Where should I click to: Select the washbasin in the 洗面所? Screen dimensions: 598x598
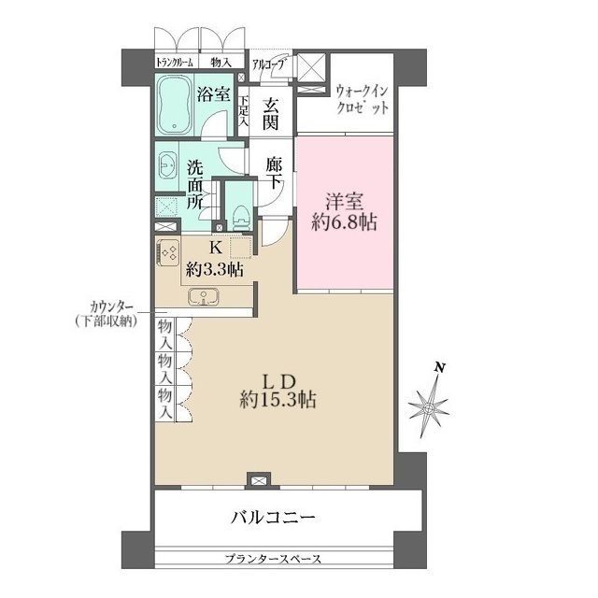[166, 165]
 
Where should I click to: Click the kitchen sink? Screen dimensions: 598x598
[204, 297]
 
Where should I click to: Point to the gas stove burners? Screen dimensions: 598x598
[169, 252]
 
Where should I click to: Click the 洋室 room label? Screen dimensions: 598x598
[344, 202]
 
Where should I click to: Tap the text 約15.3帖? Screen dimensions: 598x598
[278, 400]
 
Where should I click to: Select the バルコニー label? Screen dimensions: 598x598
[274, 517]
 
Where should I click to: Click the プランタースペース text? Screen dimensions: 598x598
[273, 559]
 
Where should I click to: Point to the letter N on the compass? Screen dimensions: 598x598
[440, 367]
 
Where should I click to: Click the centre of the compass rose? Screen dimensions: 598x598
[429, 408]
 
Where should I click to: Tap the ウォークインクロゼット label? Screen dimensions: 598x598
[362, 100]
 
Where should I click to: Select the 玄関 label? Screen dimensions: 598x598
[271, 114]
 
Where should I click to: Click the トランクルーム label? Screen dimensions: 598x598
[175, 62]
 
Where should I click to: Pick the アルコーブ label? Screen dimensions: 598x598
[268, 64]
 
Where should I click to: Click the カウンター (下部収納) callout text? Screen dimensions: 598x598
[106, 315]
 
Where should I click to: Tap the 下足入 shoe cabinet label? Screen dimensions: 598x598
[244, 111]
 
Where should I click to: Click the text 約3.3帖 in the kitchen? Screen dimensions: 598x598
[215, 270]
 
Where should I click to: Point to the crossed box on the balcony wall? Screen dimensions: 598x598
[259, 480]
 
